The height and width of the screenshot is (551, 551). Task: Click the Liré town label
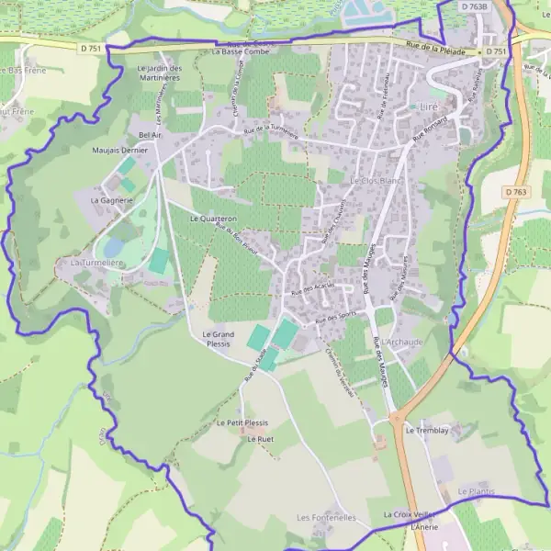pos(428,107)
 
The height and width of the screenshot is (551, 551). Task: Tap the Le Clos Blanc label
pos(376,181)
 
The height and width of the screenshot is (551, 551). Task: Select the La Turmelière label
pos(96,263)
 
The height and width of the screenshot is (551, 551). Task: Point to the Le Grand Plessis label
pos(218,339)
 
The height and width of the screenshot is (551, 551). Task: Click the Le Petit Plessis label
pos(242,422)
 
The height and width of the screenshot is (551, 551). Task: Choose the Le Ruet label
pos(261,439)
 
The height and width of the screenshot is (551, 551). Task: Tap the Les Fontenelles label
pos(326,518)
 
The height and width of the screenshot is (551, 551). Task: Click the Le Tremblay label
pos(425,430)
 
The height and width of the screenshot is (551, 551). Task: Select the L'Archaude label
pos(405,342)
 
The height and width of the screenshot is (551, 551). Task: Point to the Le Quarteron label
pos(213,219)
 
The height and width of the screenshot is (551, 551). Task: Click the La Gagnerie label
pos(112,199)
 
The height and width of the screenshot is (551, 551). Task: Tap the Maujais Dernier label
pos(119,150)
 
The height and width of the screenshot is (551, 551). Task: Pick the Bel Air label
pos(150,134)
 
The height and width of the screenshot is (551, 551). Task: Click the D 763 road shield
pos(515,192)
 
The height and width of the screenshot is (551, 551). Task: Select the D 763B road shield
pos(475,6)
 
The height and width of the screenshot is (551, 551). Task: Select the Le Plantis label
pos(476,491)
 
